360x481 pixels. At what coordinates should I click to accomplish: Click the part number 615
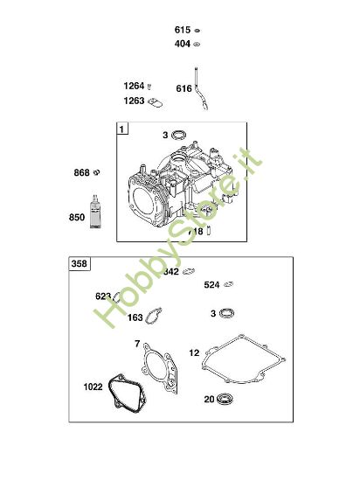(182, 29)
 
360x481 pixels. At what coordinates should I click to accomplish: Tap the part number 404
(182, 43)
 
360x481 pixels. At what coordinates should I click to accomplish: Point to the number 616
(183, 88)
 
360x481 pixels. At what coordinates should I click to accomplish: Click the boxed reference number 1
(121, 129)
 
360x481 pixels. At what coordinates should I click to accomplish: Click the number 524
(211, 284)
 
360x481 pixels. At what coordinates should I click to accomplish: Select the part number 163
(135, 317)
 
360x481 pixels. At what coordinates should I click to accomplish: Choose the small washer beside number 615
(198, 29)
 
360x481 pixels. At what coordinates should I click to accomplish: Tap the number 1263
(133, 101)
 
